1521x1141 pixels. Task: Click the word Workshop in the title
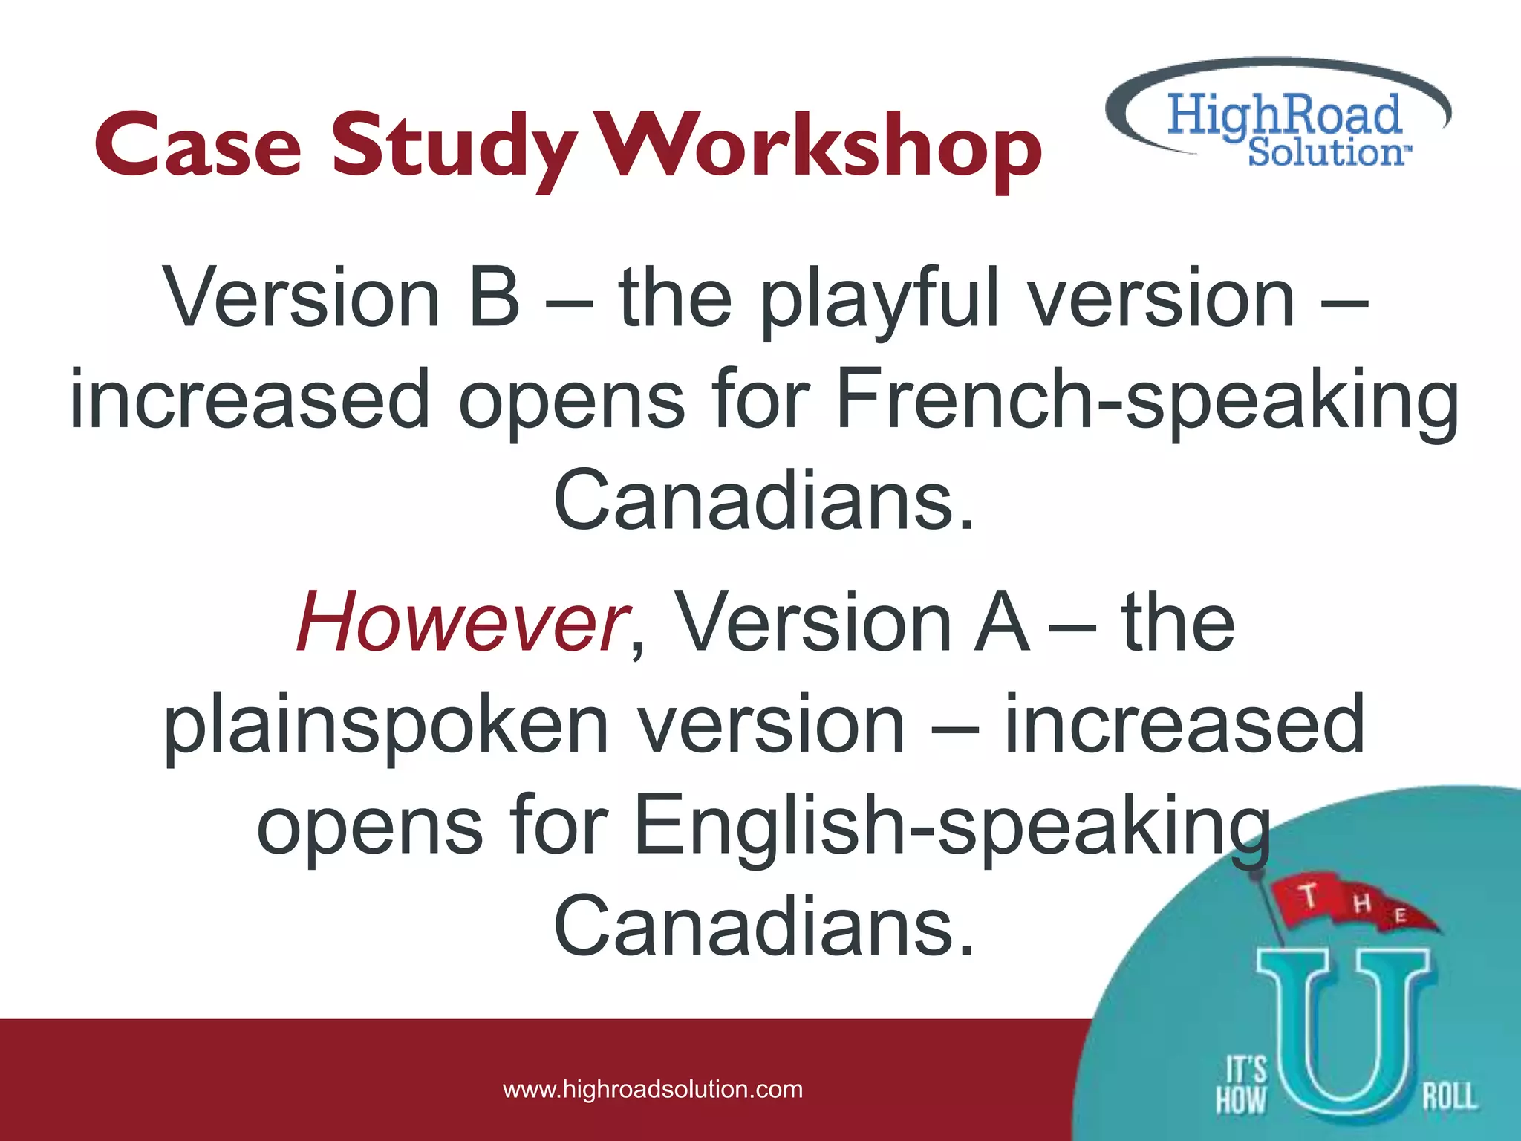coord(821,146)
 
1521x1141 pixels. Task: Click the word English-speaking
coord(951,827)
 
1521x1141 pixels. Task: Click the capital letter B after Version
coord(495,298)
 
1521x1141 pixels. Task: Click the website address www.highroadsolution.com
coord(653,1090)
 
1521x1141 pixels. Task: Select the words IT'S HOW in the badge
coord(1241,1085)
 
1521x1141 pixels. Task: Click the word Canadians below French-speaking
coord(763,501)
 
